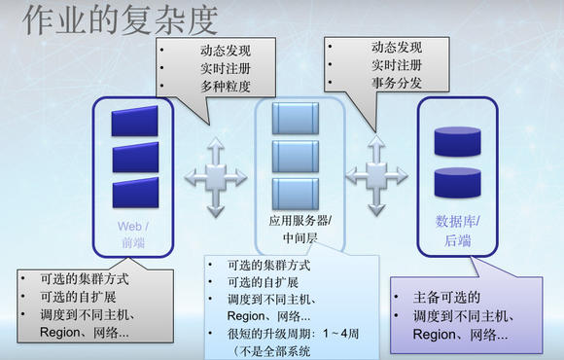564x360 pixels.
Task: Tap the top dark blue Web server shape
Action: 133,122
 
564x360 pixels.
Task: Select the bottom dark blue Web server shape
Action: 133,191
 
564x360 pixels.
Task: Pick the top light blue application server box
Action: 295,119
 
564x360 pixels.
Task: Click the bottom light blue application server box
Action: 295,191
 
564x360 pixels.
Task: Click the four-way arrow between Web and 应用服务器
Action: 215,176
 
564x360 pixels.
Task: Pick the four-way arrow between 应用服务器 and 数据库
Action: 375,176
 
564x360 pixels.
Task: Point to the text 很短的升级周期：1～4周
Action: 298,334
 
